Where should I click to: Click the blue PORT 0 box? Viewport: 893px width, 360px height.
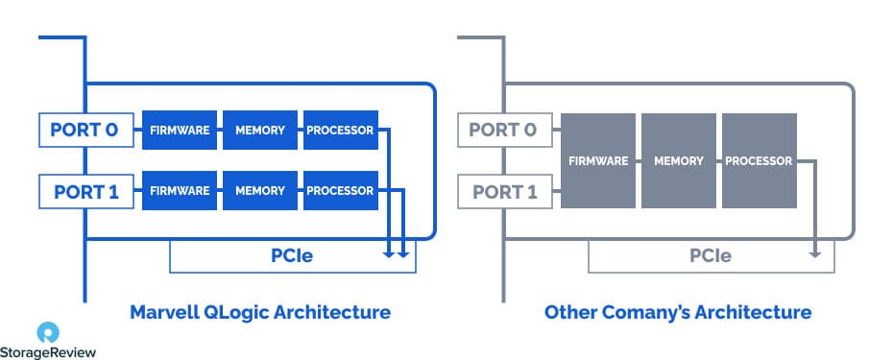(x=84, y=131)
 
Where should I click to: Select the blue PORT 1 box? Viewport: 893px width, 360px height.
(x=84, y=191)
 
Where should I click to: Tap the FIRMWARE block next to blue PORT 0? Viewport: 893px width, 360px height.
(x=179, y=131)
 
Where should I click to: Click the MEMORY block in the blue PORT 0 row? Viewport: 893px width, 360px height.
(x=259, y=131)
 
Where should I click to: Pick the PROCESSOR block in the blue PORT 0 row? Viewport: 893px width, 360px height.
(x=340, y=131)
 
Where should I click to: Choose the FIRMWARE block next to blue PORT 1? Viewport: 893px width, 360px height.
(x=179, y=191)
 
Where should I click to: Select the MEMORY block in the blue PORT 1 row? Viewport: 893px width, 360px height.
(x=259, y=191)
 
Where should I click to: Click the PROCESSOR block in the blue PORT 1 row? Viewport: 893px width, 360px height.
(x=340, y=191)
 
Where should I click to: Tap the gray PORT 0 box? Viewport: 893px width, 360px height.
(x=503, y=131)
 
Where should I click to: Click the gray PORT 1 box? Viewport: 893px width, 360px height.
(x=503, y=191)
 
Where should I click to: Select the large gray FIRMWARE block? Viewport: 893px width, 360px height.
(x=597, y=160)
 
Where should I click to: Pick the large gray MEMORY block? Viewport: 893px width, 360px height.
(x=678, y=160)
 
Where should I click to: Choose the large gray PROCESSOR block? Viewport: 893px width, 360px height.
(x=759, y=160)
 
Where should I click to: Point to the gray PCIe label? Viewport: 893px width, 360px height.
(x=711, y=255)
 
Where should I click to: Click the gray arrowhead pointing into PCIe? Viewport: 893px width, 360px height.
(x=815, y=253)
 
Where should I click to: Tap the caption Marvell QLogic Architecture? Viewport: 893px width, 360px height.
(x=260, y=312)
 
